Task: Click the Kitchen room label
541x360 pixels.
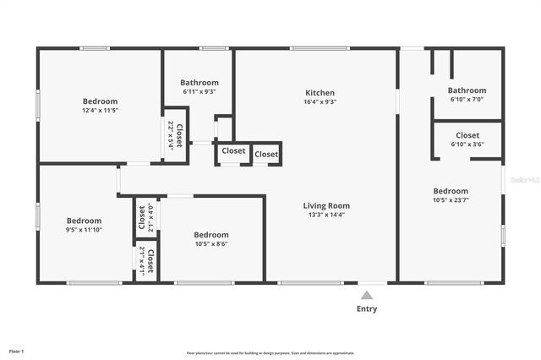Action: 320,93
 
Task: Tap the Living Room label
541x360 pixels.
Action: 326,205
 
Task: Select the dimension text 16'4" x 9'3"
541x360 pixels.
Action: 320,102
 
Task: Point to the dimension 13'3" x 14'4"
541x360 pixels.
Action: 326,215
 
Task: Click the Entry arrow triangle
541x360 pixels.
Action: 367,295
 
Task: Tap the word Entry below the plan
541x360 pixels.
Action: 367,309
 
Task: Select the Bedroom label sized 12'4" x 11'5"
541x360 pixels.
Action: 100,101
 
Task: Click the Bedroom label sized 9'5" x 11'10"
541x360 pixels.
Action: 84,220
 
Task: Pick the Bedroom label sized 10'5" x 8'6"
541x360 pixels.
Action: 210,235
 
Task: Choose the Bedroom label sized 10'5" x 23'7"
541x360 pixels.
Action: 451,191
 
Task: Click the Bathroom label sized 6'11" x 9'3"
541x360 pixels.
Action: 199,82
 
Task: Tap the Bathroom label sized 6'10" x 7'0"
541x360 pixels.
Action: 467,90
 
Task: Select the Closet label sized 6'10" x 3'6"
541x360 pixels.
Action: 467,135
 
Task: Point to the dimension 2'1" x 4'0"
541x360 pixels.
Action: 150,217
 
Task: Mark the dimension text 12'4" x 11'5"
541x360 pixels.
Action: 100,111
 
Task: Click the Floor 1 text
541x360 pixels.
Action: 17,351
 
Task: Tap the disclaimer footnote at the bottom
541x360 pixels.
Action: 270,353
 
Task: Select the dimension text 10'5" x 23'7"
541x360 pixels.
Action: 451,200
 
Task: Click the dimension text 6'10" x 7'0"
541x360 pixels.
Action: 467,100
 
